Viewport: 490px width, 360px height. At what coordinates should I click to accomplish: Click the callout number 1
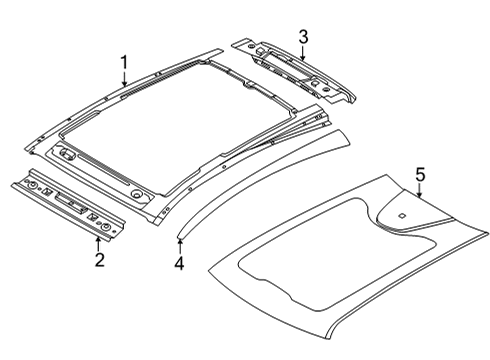click(x=124, y=65)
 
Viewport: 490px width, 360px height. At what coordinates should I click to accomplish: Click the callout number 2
click(x=99, y=261)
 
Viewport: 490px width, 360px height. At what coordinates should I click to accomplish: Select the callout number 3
click(x=302, y=37)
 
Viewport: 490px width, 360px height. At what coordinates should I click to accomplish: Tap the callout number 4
click(x=179, y=264)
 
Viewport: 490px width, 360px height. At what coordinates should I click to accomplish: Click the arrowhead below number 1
click(x=124, y=87)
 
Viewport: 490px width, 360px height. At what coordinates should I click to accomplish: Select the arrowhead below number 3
click(x=302, y=58)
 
